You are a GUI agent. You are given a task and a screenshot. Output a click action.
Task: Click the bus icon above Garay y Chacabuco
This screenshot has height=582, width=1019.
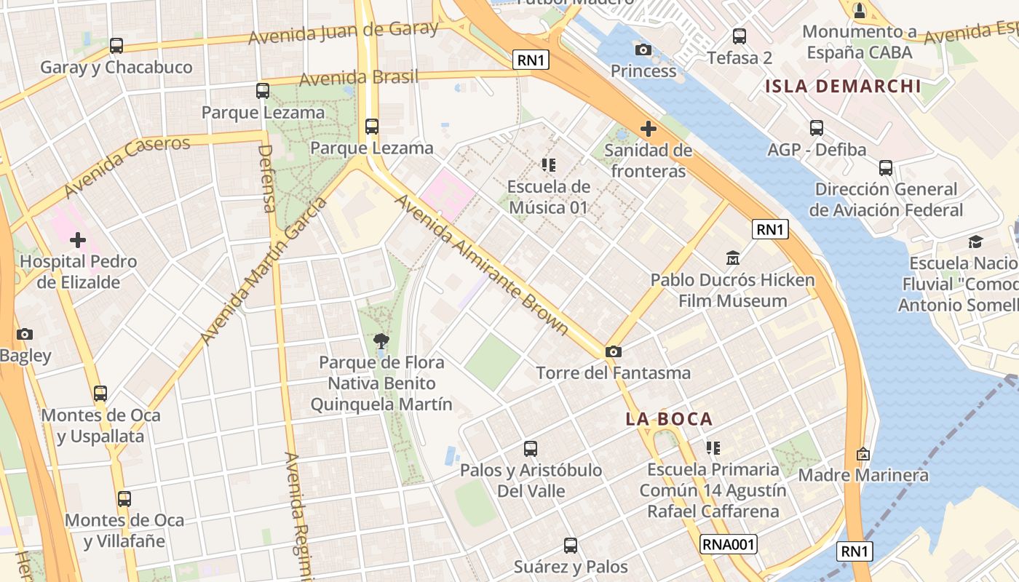point(116,46)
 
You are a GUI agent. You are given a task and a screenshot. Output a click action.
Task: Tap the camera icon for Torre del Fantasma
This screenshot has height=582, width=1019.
point(614,352)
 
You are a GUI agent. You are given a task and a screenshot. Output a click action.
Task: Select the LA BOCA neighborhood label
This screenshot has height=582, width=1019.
point(669,419)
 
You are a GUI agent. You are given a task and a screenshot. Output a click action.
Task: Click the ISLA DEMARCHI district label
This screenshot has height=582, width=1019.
point(843,87)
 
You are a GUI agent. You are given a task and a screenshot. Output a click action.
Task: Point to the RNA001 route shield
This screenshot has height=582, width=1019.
point(729,544)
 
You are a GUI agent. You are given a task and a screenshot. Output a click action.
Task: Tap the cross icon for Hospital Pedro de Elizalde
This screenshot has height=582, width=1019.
point(78,240)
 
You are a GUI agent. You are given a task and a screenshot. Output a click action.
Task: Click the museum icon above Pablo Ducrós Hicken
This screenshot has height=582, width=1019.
point(732,258)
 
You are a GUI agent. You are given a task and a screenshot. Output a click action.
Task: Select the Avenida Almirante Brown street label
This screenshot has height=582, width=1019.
point(482,264)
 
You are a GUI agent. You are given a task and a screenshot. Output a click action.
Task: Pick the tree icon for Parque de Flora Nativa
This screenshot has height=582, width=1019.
point(381,340)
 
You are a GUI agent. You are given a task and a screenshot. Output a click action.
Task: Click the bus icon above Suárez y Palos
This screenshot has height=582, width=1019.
point(571,545)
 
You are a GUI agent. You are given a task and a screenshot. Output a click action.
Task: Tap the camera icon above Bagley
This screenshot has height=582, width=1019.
point(25,335)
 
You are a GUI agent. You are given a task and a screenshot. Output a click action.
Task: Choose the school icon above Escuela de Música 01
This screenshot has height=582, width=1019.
point(548,165)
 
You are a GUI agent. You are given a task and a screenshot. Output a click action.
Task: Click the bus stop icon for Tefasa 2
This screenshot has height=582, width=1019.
point(740,36)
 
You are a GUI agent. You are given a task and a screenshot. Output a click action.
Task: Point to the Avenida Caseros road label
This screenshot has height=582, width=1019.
point(127,166)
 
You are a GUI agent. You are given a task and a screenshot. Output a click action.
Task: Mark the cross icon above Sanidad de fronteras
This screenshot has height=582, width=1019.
point(648,129)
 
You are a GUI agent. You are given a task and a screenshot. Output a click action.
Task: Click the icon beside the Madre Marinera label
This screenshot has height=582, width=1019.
point(863,454)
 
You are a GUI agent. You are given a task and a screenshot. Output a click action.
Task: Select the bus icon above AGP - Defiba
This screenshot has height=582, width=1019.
point(817,128)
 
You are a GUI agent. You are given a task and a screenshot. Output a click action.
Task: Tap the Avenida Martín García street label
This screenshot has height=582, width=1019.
point(263,271)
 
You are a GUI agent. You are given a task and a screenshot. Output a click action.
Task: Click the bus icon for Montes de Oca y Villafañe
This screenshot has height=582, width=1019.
point(124,499)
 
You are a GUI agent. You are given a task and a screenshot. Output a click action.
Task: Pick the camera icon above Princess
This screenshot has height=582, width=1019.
point(643,49)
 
